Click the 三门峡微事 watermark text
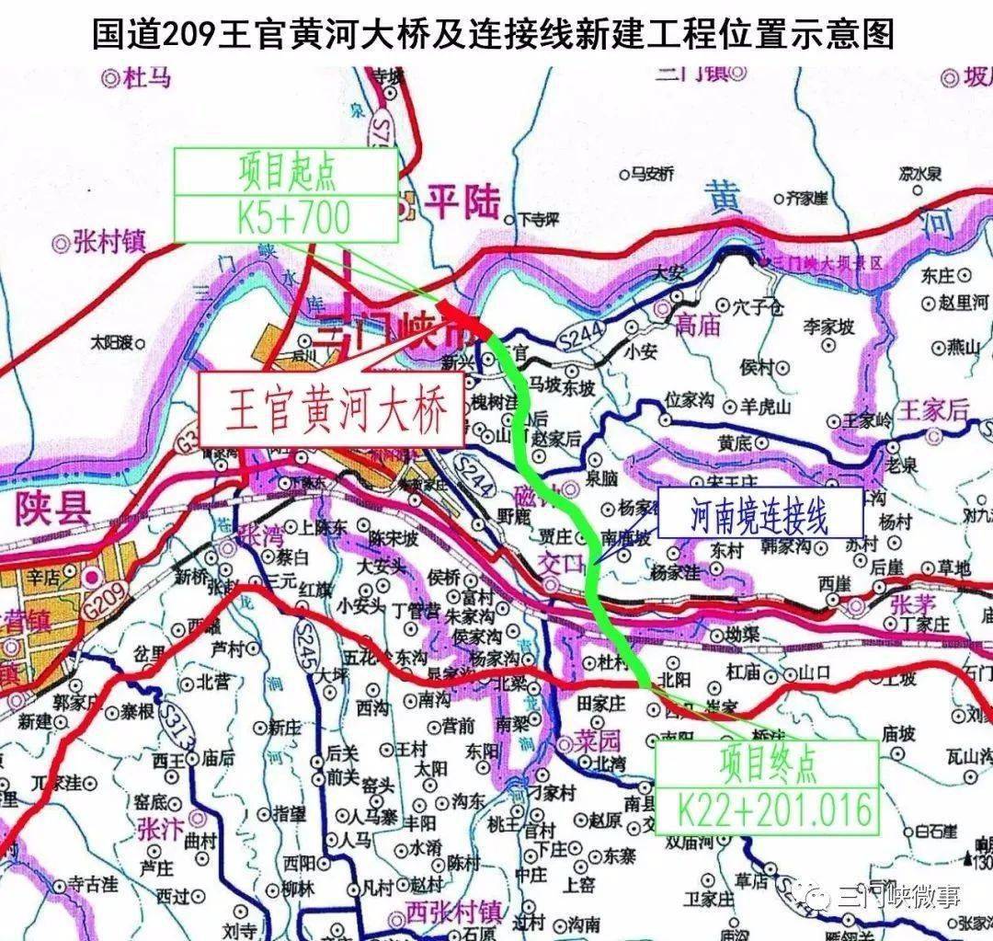pyautogui.click(x=894, y=898)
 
